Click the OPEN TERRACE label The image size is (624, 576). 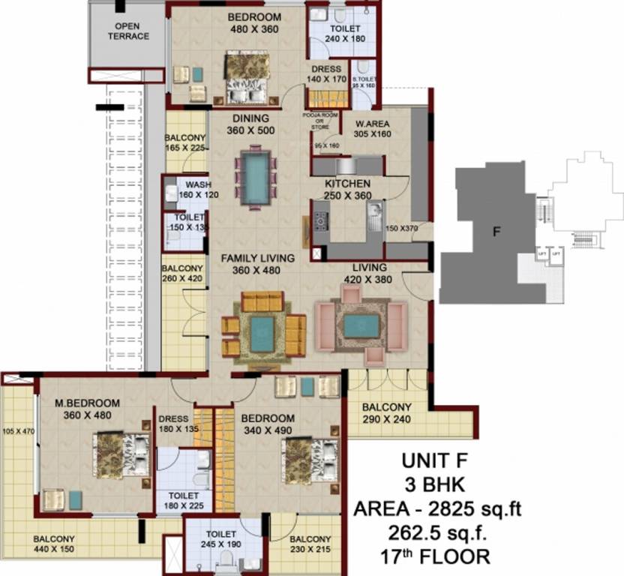point(127,31)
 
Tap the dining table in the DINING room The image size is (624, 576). point(256,178)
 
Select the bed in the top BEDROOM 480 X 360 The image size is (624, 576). point(247,78)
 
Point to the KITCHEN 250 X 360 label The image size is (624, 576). point(347,189)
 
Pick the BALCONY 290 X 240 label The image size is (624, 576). point(386,413)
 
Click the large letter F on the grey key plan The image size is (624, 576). point(495,232)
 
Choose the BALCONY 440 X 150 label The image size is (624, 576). point(53,544)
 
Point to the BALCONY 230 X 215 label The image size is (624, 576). point(310,544)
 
